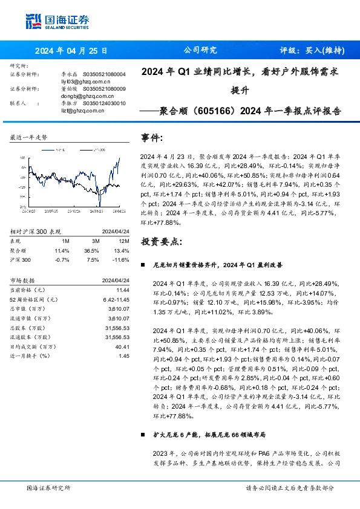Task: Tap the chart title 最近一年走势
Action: coord(29,138)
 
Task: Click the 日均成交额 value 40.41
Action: coord(123,347)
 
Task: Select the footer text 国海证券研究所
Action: coord(49,487)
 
